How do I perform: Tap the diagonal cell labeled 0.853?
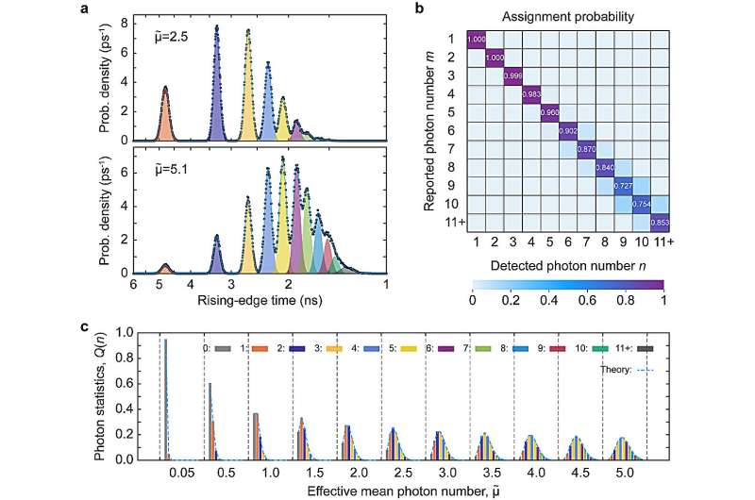[663, 222]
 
